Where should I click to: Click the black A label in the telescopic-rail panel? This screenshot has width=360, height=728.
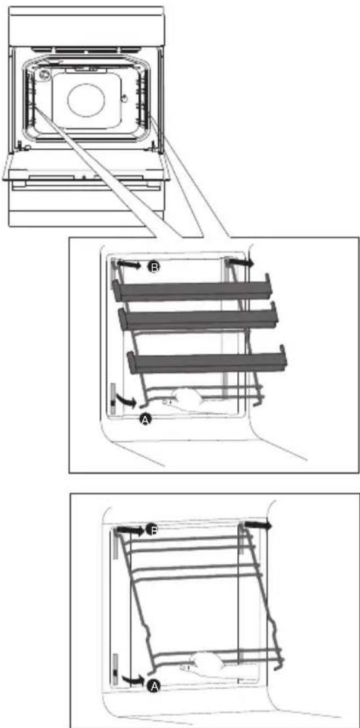pos(146,420)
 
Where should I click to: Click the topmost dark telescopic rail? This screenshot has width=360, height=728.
pos(192,291)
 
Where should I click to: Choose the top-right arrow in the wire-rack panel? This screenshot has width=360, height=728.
pos(259,525)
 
